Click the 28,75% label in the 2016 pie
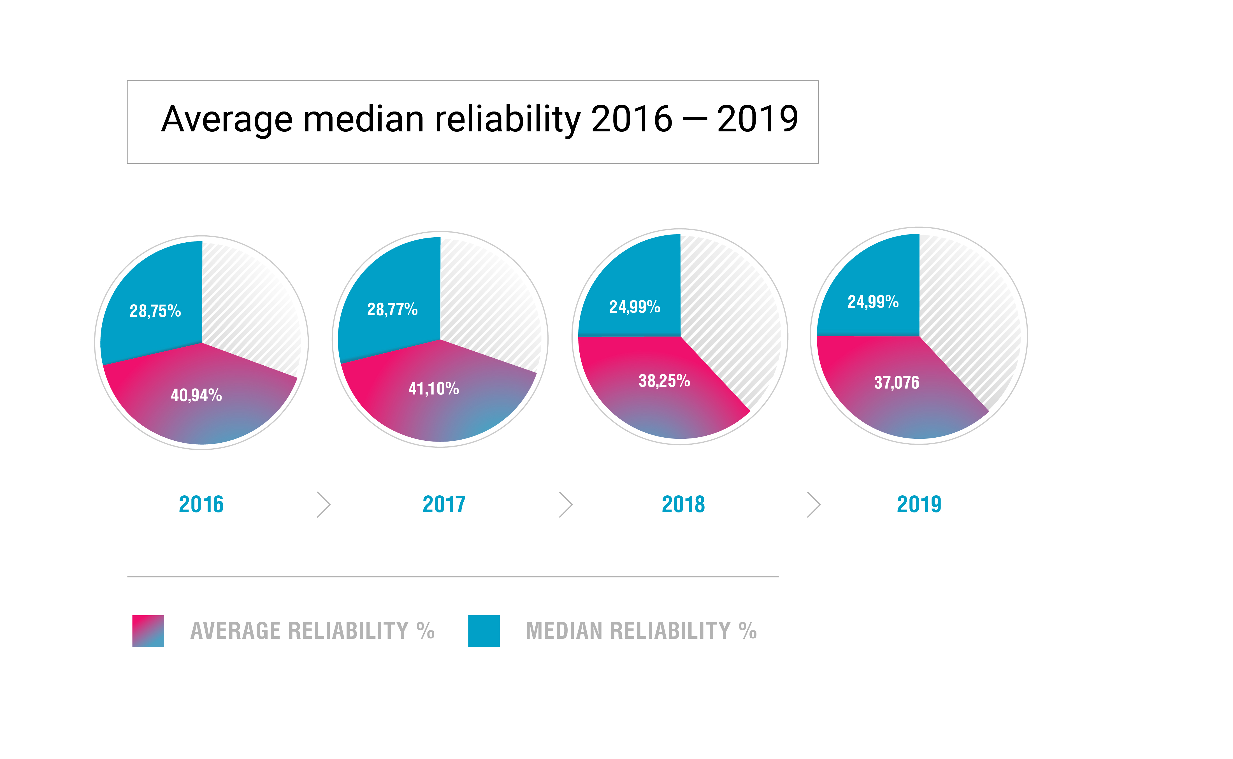coord(155,311)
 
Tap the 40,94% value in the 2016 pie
coord(196,395)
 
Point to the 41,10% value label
coord(434,389)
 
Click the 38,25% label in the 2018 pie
coord(664,381)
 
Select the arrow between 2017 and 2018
coord(566,505)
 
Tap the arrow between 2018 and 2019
coord(814,505)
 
